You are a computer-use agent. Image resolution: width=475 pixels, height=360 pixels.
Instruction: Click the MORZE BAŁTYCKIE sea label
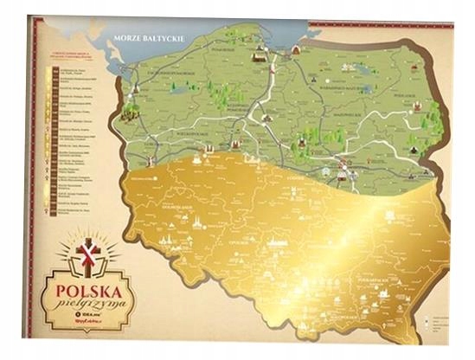[143, 37]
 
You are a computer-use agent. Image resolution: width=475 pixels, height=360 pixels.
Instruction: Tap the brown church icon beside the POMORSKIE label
[257, 55]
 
